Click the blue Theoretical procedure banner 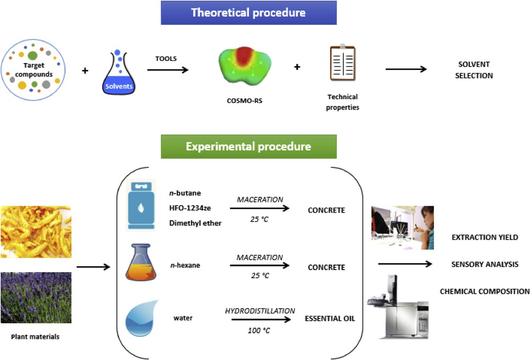pyautogui.click(x=249, y=13)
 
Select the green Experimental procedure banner pyautogui.click(x=249, y=146)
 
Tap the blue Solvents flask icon pyautogui.click(x=119, y=72)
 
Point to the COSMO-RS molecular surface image pyautogui.click(x=245, y=66)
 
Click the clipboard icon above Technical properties pyautogui.click(x=342, y=63)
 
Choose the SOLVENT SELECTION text pyautogui.click(x=474, y=70)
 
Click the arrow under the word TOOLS pyautogui.click(x=167, y=70)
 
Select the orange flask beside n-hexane pyautogui.click(x=141, y=262)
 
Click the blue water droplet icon pyautogui.click(x=142, y=319)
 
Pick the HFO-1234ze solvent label pyautogui.click(x=190, y=208)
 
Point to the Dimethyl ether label pyautogui.click(x=196, y=223)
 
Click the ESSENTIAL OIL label pyautogui.click(x=330, y=319)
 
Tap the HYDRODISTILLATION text pyautogui.click(x=260, y=311)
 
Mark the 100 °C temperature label pyautogui.click(x=259, y=331)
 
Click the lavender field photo pyautogui.click(x=36, y=297)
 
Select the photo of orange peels pyautogui.click(x=36, y=232)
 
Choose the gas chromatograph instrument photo pyautogui.click(x=398, y=307)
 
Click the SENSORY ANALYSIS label pyautogui.click(x=485, y=265)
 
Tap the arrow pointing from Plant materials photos pyautogui.click(x=93, y=267)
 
